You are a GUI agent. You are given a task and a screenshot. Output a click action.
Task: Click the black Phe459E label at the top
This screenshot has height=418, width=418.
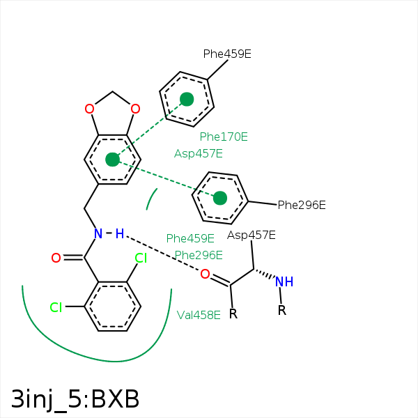coord(227,54)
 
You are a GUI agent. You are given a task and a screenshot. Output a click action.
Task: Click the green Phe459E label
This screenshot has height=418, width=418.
coord(190,238)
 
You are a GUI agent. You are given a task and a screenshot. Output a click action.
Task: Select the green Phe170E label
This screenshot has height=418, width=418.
coord(224,137)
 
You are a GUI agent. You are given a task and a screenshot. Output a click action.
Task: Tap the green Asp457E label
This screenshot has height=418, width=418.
coord(199,153)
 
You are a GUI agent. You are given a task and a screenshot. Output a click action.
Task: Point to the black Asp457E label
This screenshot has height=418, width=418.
coord(251,235)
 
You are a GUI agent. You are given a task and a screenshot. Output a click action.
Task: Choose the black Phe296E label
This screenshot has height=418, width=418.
coord(302,205)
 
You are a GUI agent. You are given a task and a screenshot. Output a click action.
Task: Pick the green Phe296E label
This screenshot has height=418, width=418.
coord(199,255)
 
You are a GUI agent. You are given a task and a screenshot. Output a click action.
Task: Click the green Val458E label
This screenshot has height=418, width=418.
coord(199,314)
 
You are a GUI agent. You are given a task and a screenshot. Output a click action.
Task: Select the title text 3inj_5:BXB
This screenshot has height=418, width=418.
coord(75,399)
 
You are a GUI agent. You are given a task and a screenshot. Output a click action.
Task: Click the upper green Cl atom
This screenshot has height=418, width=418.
coord(141,258)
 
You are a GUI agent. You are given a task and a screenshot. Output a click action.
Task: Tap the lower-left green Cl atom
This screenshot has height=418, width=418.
coord(56,307)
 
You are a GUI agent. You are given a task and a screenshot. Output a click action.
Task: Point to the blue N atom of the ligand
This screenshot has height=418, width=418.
coord(98,233)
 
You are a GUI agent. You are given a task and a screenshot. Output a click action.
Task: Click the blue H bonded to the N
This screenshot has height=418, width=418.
coord(119,233)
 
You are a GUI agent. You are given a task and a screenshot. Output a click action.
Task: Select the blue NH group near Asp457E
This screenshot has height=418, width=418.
coord(284,281)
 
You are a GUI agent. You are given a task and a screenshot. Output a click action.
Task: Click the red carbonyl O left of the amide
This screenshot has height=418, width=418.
coord(56,258)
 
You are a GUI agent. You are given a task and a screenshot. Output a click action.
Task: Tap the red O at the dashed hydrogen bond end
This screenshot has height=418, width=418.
coord(205,274)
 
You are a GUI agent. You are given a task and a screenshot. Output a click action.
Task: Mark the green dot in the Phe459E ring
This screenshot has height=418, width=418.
coord(187,99)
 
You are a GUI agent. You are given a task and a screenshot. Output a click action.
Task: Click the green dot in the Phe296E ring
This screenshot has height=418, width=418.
coord(220,198)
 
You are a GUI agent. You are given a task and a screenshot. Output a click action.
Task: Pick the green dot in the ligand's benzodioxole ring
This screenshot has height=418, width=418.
coord(112,160)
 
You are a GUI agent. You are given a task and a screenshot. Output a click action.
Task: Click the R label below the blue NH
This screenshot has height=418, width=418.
coord(282,310)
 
